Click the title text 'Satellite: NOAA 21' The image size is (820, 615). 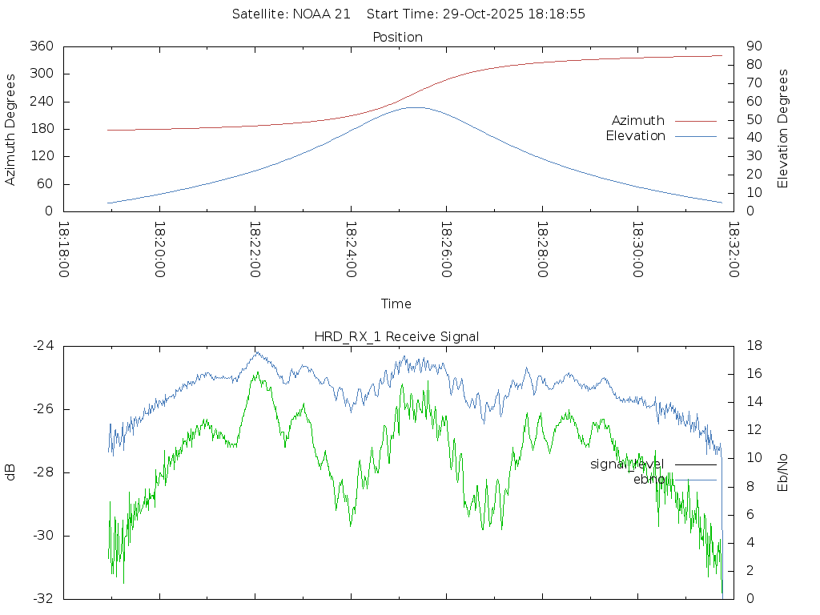[x=291, y=14]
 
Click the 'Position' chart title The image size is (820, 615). [x=398, y=37]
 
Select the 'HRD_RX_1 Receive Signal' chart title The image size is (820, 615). [x=396, y=336]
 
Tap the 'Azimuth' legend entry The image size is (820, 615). [x=638, y=121]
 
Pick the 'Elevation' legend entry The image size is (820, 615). [x=635, y=136]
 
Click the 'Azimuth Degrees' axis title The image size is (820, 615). [x=10, y=129]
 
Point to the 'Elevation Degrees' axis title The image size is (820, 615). [x=783, y=128]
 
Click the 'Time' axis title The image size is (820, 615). [x=396, y=303]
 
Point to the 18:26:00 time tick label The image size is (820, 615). [x=446, y=250]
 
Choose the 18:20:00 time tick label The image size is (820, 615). [x=159, y=250]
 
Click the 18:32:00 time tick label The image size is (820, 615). [x=733, y=250]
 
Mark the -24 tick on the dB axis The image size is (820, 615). [x=43, y=346]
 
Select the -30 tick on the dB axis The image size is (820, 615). [x=43, y=536]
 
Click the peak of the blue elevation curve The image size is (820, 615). [x=416, y=107]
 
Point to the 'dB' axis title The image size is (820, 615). [x=10, y=472]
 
